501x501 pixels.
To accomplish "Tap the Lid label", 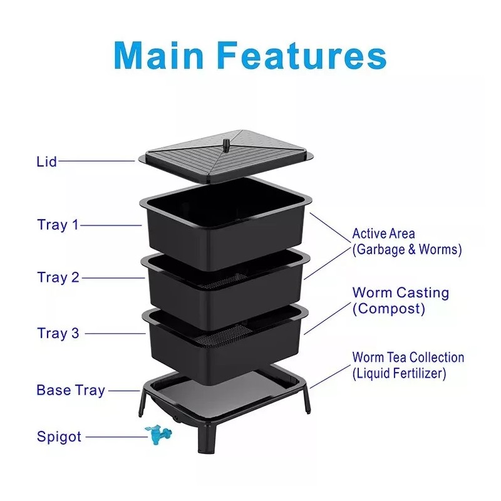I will click(x=46, y=162).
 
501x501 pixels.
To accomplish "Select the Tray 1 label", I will click(x=58, y=225).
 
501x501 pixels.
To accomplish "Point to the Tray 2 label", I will click(x=58, y=277).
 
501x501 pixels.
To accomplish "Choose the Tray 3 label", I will click(x=58, y=333).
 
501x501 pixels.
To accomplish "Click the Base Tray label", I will click(x=70, y=390).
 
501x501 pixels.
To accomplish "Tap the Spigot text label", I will click(x=58, y=436).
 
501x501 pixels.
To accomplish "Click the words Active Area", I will click(x=383, y=234).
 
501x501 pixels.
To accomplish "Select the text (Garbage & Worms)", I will click(x=406, y=249).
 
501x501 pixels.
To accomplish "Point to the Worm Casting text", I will click(x=400, y=292).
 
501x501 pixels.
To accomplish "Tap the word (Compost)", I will click(x=388, y=308).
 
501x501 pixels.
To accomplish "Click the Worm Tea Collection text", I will click(x=408, y=358).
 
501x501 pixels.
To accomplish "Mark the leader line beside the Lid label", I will click(x=97, y=161).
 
